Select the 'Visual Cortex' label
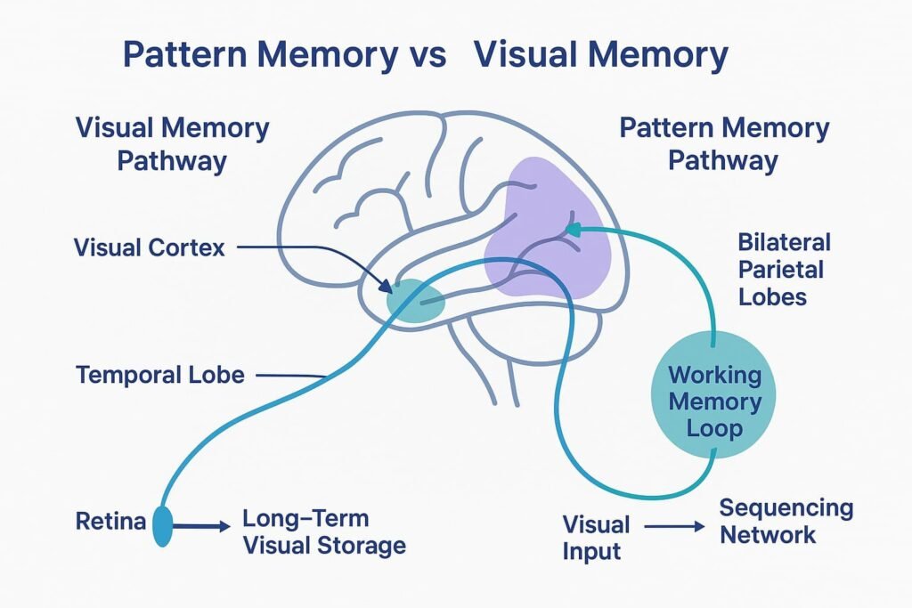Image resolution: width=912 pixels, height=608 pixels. point(150,247)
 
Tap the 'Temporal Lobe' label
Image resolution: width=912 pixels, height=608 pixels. point(160,374)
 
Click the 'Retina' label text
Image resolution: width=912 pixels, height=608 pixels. point(110,521)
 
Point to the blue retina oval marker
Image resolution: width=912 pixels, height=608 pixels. point(163,526)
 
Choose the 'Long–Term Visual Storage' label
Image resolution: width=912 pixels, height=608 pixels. point(324,531)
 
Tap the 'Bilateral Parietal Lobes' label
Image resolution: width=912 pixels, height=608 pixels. point(784,269)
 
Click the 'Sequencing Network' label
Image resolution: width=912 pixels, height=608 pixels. point(786,522)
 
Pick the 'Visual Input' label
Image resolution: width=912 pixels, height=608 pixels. point(596,537)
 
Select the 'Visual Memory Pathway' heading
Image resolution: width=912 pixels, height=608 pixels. point(172,144)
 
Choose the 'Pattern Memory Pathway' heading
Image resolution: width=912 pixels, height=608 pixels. point(723,144)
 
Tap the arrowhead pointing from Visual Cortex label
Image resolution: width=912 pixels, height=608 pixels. point(388,288)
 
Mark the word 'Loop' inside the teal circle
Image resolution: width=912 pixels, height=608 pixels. point(715,428)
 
